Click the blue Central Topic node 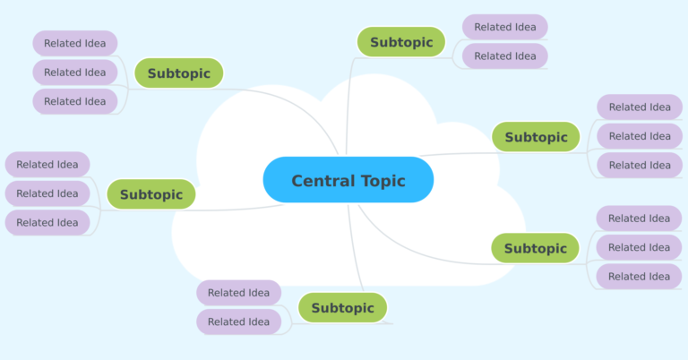pyautogui.click(x=348, y=180)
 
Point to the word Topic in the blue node pyautogui.click(x=383, y=181)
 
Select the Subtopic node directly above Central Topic pyautogui.click(x=400, y=42)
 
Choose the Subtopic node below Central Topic pyautogui.click(x=342, y=308)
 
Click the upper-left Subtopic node pyautogui.click(x=178, y=73)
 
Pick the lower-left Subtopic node pyautogui.click(x=150, y=194)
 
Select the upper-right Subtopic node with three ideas pyautogui.click(x=536, y=137)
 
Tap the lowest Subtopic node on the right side pyautogui.click(x=535, y=248)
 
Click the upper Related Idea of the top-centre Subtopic pyautogui.click(x=504, y=27)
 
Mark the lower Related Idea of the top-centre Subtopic pyautogui.click(x=504, y=56)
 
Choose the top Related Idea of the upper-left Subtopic pyautogui.click(x=74, y=43)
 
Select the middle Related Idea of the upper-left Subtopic pyautogui.click(x=74, y=73)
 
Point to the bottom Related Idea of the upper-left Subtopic pyautogui.click(x=74, y=101)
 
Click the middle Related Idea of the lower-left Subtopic pyautogui.click(x=47, y=193)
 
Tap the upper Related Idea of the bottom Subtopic pyautogui.click(x=238, y=293)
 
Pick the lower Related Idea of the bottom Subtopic pyautogui.click(x=238, y=321)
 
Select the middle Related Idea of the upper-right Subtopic pyautogui.click(x=639, y=136)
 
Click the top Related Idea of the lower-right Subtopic pyautogui.click(x=639, y=219)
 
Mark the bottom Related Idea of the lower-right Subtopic pyautogui.click(x=639, y=276)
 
